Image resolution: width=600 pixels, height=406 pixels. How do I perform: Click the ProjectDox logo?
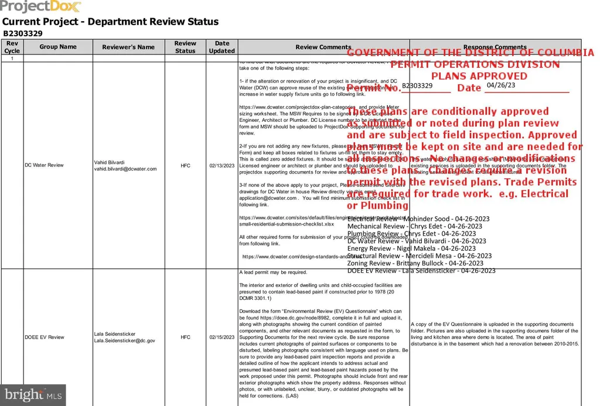coord(41,7)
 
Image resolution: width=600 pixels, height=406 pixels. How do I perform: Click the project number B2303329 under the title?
coord(23,33)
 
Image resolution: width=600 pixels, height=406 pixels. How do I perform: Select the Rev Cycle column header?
coord(12,47)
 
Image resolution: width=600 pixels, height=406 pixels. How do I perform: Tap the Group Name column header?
coord(58,47)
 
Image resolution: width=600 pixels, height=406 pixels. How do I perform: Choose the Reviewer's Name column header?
coord(128,47)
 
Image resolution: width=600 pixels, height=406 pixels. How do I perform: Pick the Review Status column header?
coord(185,47)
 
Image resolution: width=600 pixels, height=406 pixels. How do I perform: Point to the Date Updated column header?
coord(222,47)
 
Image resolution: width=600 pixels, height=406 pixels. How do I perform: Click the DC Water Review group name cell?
coord(44,165)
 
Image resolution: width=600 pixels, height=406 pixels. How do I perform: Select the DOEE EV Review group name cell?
coord(45,337)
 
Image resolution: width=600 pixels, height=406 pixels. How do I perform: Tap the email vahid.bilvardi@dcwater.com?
coord(125,169)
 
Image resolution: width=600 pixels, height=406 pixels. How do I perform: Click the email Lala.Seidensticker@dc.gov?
coord(125,340)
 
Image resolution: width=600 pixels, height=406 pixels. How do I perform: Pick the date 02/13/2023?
coord(222,166)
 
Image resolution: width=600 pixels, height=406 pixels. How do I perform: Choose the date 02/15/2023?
coord(222,337)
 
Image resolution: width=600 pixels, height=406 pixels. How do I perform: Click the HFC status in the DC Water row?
coord(185,166)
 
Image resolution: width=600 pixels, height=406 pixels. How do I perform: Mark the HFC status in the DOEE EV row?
coord(185,337)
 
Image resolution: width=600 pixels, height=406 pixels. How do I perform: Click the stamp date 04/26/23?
coord(501,85)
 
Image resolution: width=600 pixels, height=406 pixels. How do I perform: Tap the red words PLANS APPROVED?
coord(479,76)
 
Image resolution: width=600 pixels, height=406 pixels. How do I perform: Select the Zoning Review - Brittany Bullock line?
coord(419,264)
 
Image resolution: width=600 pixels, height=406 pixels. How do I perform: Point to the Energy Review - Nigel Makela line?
coord(411,248)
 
